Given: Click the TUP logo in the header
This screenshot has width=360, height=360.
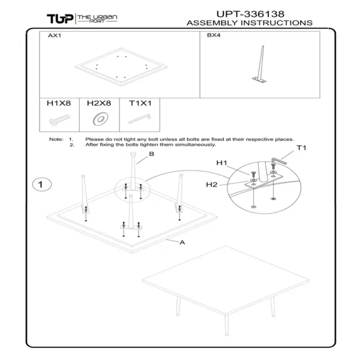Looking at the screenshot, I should click(60, 18).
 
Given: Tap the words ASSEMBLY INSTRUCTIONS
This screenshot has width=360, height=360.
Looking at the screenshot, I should click(250, 23).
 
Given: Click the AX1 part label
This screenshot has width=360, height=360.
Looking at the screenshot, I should click(55, 36).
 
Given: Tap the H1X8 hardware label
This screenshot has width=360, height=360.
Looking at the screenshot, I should click(59, 103).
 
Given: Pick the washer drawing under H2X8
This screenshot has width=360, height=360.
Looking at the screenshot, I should click(99, 119).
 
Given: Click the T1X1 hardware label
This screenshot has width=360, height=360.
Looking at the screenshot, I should click(140, 103).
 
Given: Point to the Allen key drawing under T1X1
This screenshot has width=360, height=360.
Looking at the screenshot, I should click(140, 119).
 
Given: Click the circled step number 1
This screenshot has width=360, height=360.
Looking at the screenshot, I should click(41, 184).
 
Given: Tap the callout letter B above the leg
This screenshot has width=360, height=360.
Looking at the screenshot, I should click(152, 154).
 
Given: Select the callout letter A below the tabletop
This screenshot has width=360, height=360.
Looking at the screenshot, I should click(182, 242).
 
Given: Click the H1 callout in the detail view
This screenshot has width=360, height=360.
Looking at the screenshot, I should click(222, 163).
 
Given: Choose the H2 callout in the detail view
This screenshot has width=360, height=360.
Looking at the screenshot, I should click(211, 185).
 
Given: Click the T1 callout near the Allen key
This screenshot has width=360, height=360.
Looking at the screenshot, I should click(301, 148).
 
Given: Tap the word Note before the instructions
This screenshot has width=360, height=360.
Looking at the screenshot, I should click(56, 139).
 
